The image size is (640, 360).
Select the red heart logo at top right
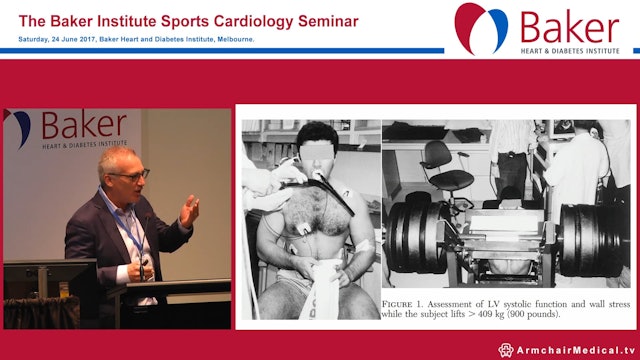pos(481,27)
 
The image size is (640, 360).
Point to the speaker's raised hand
pos(188,211)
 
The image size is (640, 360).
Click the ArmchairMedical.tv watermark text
pos(576,349)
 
